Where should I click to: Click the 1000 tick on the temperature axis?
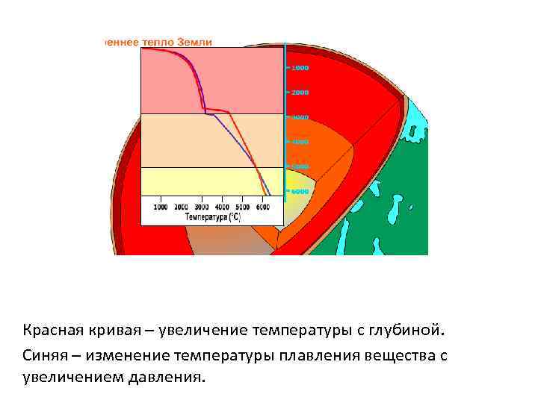point(161,207)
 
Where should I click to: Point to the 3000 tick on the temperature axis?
point(202,207)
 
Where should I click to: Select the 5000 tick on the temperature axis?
point(242,207)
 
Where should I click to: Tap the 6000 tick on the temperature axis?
point(262,207)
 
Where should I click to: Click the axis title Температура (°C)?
point(213,217)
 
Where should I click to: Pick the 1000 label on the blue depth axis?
point(300,68)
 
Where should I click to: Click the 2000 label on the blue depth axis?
point(300,93)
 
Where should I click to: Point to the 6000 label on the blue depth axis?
point(300,191)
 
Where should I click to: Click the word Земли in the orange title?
point(195,42)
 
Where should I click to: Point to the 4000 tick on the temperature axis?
point(222,207)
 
